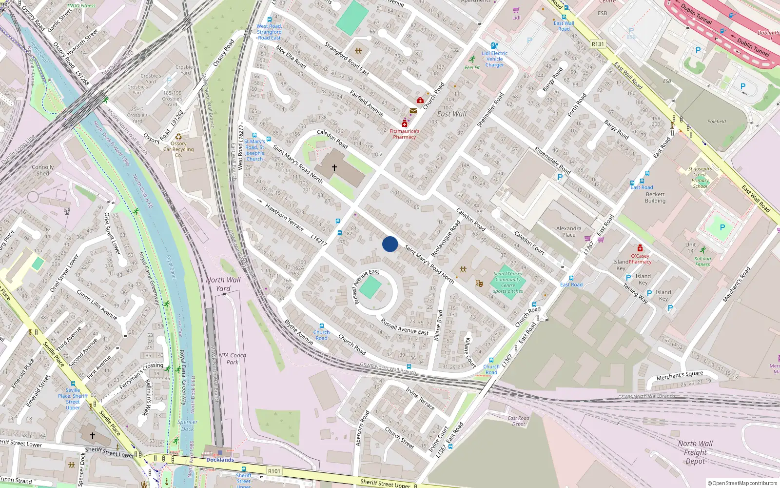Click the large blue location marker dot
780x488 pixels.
pos(390,244)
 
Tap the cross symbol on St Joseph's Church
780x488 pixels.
pos(334,167)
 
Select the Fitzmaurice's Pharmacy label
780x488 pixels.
pos(404,134)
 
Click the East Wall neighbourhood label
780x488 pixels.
pos(451,114)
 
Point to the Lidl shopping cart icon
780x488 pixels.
pos(516,10)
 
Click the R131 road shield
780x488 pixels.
pos(598,44)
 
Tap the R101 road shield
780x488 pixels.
pos(274,471)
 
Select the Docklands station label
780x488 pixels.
pos(220,460)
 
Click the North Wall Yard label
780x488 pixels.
pos(223,284)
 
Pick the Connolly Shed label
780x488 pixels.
pos(43,170)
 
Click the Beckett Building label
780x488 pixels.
pos(655,197)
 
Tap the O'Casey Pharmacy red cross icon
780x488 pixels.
pos(640,248)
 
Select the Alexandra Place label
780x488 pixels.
pos(568,231)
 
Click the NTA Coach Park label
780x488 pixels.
pos(232,359)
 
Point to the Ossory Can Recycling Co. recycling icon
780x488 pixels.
pos(178,137)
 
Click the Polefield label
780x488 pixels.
pos(717,122)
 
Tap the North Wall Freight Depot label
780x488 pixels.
pos(695,452)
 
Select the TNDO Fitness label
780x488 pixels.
pos(81,6)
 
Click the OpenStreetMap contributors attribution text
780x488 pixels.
pos(742,484)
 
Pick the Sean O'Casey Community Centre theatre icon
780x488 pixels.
pos(479,283)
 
